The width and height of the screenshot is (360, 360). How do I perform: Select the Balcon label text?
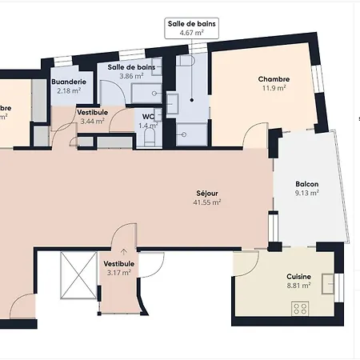click(306, 183)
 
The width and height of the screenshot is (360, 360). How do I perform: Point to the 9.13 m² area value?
click(306, 192)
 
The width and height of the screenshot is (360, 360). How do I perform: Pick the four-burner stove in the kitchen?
click(301, 307)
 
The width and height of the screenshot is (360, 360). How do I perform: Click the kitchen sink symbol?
click(329, 283)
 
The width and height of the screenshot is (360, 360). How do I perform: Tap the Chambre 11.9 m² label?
click(274, 83)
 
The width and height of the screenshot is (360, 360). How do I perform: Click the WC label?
click(148, 116)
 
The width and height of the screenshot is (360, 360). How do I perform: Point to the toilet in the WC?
click(149, 138)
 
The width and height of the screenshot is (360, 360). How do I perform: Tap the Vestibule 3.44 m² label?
click(93, 117)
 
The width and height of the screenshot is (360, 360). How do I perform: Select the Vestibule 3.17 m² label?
click(118, 267)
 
